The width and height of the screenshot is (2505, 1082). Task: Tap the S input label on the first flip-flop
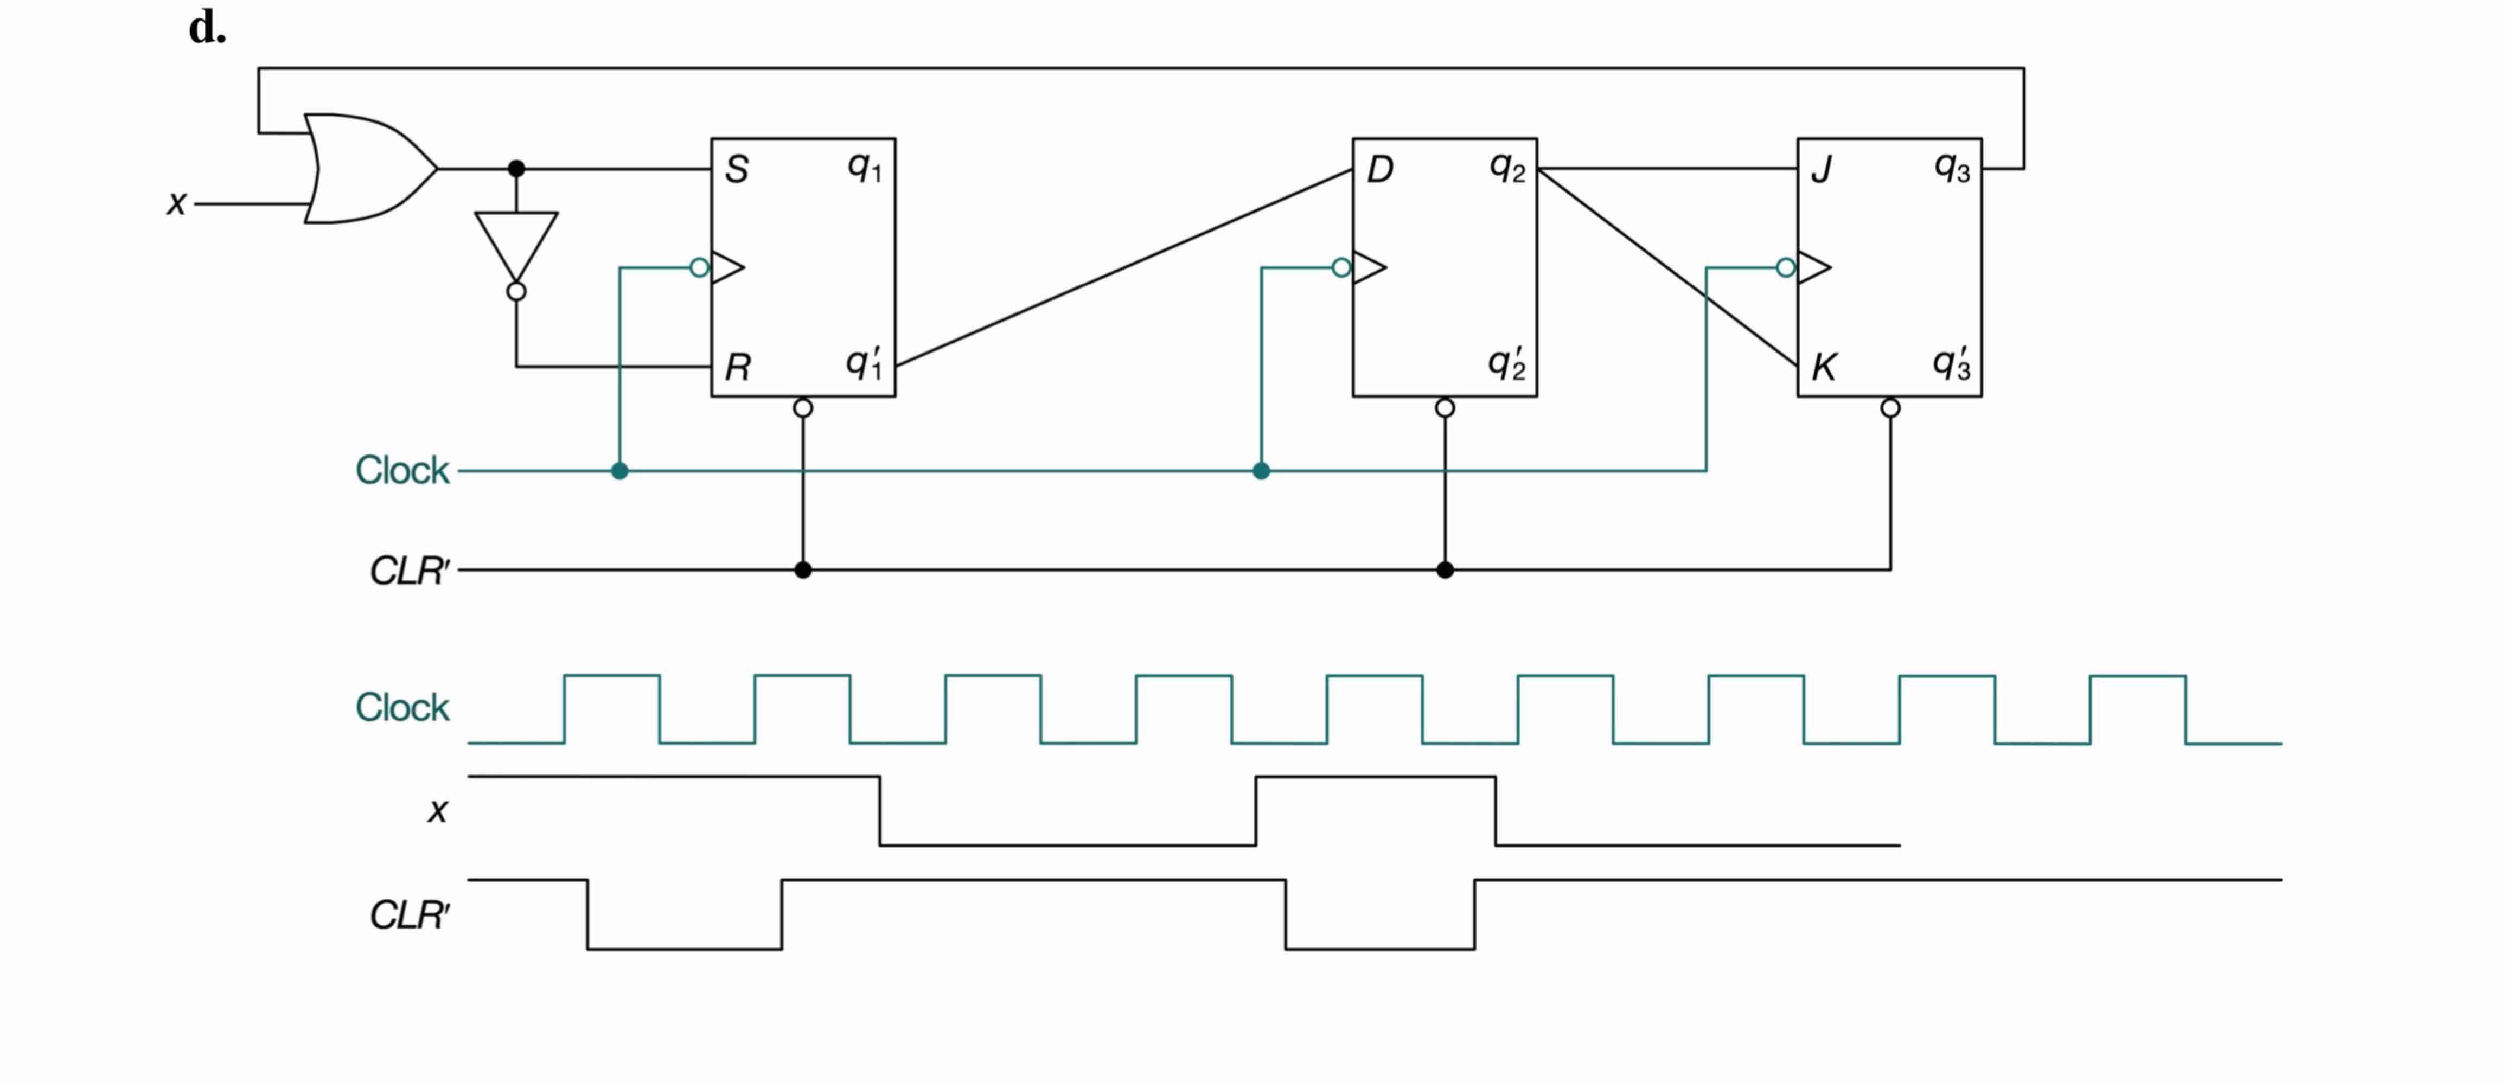coord(737,170)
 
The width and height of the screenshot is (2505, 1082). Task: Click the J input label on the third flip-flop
coord(1822,170)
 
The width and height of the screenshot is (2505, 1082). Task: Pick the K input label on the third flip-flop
coord(1823,368)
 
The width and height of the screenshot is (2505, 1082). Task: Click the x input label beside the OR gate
coord(176,203)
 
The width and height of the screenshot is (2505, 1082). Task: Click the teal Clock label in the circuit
coord(401,471)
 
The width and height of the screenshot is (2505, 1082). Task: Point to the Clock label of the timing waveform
coord(401,708)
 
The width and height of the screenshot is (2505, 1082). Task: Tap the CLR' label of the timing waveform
coord(410,915)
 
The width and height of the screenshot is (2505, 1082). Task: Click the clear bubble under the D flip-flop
coord(1445,408)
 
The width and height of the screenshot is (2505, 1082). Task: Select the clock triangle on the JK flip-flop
coord(1813,267)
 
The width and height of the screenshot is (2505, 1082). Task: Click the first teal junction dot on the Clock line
coord(619,471)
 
